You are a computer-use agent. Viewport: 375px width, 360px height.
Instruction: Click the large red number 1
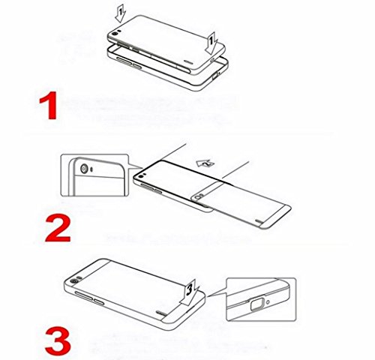[x=48, y=106]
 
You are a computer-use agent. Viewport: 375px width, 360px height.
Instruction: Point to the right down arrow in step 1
[x=213, y=37]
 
